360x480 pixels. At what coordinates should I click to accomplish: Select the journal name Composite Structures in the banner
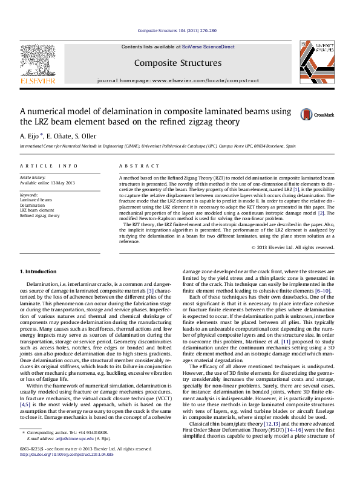(178, 63)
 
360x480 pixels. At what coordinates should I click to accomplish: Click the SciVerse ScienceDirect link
(209, 47)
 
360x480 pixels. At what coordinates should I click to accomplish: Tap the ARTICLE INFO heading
(49, 166)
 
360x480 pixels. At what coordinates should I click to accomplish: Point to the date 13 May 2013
(63, 183)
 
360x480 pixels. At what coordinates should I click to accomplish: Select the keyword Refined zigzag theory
(40, 215)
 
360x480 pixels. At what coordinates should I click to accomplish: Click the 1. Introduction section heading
(38, 271)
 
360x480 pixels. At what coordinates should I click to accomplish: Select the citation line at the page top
(177, 30)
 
